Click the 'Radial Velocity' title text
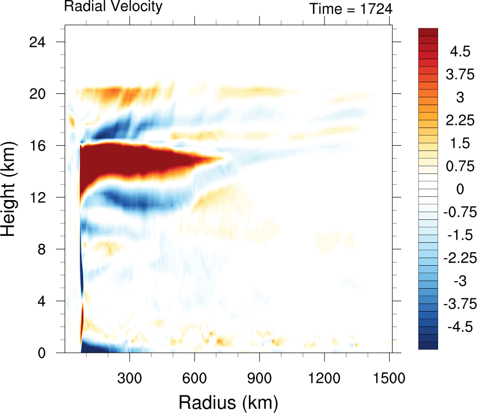113,7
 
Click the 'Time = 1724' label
351,9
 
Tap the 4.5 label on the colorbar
459,52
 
